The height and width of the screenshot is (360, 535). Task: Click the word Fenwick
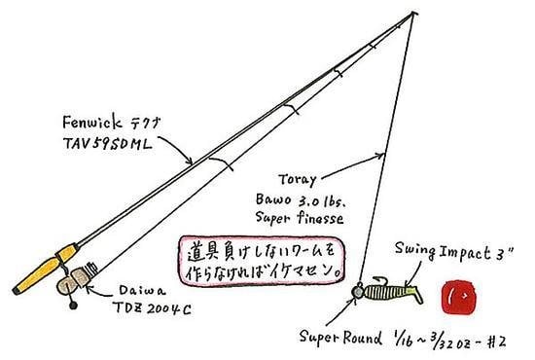pos(91,122)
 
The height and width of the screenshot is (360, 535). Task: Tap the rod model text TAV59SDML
pos(107,144)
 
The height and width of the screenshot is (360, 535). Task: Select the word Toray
pos(298,180)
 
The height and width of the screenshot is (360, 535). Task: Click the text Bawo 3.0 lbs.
pos(301,200)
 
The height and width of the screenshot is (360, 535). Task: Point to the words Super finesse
pos(300,218)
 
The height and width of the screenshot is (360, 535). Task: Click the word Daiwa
pos(142,291)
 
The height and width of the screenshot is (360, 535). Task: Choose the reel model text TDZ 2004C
pos(152,308)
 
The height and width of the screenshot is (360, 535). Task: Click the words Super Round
pos(340,338)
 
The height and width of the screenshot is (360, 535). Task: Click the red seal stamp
pos(457,297)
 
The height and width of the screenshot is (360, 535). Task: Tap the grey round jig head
pos(358,292)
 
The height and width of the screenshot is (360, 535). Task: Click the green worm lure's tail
pos(415,294)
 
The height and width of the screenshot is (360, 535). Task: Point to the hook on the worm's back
pos(382,280)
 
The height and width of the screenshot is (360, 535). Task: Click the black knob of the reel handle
pos(73,306)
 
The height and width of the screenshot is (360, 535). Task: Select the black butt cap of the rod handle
pos(16,291)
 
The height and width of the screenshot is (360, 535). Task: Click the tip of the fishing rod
pos(413,13)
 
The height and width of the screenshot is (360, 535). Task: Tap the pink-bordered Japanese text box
pos(261,261)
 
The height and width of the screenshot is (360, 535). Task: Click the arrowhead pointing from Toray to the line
pos(380,156)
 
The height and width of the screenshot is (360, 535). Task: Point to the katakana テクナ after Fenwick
pos(145,123)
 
